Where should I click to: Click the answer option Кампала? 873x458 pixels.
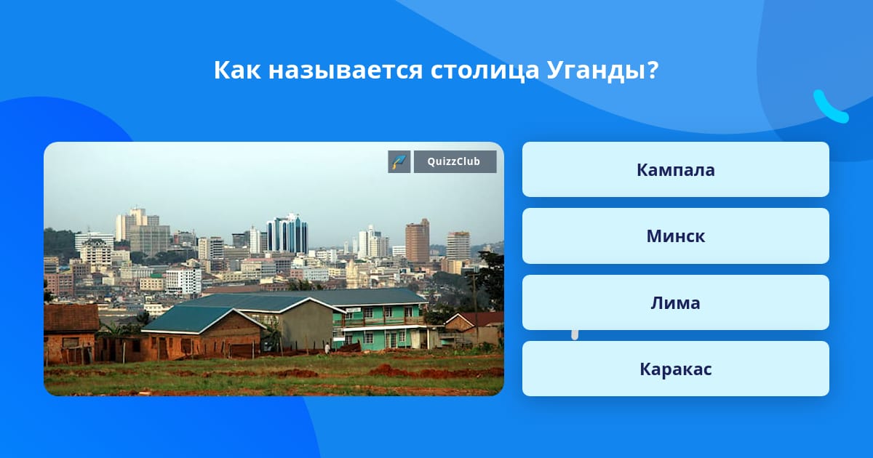pos(675,169)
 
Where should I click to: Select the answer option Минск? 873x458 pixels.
pos(675,236)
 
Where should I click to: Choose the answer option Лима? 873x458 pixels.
pos(675,302)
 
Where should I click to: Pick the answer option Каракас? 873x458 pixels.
pos(675,369)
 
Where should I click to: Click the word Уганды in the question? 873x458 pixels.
pos(597,71)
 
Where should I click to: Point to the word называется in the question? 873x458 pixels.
pos(346,71)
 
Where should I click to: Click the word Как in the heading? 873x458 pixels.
pos(237,70)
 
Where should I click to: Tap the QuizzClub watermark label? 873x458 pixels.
pos(455,161)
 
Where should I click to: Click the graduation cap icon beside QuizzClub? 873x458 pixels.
pos(399,161)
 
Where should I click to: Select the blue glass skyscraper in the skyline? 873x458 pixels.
pos(287,233)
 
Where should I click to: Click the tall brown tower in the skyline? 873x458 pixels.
pos(418,241)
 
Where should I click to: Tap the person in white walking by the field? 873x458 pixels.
pos(327,347)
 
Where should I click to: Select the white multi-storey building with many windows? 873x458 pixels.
pos(183,281)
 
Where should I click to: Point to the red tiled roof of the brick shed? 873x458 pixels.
pos(71,318)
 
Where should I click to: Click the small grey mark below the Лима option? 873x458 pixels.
pos(575,335)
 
